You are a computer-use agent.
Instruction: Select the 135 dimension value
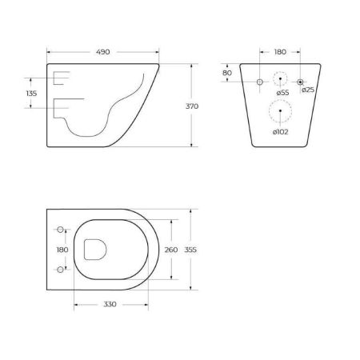click(32, 94)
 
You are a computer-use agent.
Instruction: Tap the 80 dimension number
click(227, 73)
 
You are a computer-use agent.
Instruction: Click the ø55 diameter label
click(282, 94)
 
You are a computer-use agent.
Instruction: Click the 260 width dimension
click(170, 250)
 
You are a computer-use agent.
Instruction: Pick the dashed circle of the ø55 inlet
click(280, 81)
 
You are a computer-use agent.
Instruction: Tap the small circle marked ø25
click(300, 82)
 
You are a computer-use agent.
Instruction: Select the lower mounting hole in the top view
click(60, 270)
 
